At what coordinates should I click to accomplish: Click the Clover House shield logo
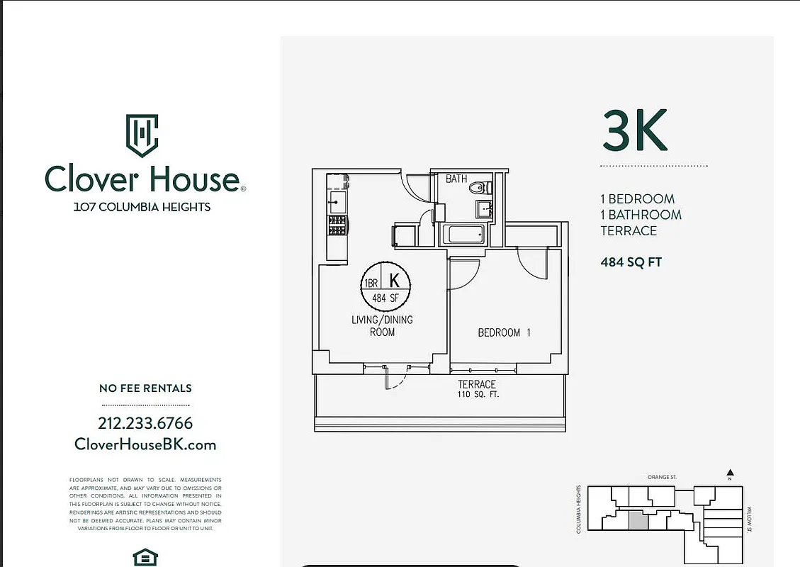click(142, 135)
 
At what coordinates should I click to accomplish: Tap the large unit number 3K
click(635, 130)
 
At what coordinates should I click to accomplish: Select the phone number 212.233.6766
click(145, 423)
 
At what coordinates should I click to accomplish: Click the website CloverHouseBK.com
click(145, 444)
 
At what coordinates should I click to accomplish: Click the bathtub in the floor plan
click(463, 233)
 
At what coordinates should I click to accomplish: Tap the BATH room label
click(456, 179)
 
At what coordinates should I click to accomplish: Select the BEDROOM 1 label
click(504, 332)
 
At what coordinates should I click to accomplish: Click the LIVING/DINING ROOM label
click(382, 325)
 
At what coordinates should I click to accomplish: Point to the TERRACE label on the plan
click(477, 384)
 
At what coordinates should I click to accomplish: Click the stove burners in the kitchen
click(337, 225)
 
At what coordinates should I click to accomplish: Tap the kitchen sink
click(337, 202)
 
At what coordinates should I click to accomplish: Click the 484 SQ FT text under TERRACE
click(631, 262)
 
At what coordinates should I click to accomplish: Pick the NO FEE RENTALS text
click(145, 388)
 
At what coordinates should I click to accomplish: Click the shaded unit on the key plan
click(638, 520)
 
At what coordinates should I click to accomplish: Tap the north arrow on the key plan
click(731, 473)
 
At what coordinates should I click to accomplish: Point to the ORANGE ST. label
click(662, 478)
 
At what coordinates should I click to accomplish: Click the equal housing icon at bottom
click(145, 558)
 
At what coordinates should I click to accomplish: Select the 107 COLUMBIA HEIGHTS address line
click(142, 207)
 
